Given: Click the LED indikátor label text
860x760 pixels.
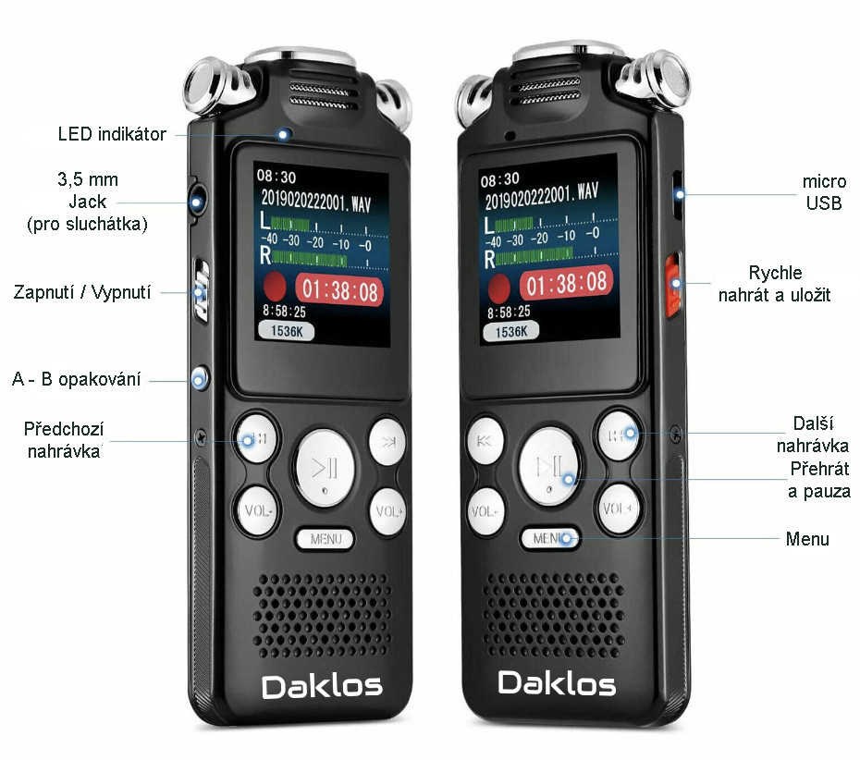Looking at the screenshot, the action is pos(112,134).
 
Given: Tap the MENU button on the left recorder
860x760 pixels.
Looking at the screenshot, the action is pos(325,539).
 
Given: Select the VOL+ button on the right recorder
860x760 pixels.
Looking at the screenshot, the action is pos(618,509).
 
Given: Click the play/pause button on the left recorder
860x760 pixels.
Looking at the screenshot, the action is pos(325,468).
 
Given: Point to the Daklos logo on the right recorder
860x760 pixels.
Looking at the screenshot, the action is pos(557,683).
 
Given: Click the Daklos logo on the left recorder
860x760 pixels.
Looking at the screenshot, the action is pos(322,687).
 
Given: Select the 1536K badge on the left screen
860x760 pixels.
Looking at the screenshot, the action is pos(286,331).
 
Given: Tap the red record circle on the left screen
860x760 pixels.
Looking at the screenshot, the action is pos(275,287).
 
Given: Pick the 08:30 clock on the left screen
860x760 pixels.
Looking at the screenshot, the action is pos(276,177).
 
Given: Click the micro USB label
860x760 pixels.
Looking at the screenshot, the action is pos(824,192).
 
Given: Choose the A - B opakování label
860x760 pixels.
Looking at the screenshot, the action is pos(76,379).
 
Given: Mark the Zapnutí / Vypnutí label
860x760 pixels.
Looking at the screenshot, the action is pos(81,292).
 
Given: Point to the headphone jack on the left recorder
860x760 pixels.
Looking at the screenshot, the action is pos(197,202).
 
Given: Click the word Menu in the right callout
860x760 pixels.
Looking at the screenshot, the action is pos(806,539).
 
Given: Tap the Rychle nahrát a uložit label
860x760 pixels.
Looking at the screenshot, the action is pos(774,284).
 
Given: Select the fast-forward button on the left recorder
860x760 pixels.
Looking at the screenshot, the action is pos(387,442).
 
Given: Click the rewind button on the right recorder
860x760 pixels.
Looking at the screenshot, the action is pos(485,441).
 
